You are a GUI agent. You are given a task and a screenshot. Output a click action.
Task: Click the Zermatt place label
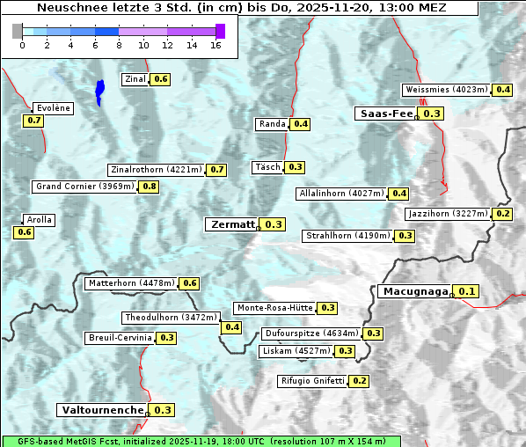point(231,224)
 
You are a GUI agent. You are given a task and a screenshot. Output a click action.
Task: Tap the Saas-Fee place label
point(386,114)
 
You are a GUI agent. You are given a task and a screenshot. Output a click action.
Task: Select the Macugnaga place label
point(414,291)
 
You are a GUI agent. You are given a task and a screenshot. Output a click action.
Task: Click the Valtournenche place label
point(101,410)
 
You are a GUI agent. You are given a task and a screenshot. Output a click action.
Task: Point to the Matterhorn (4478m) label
point(130,283)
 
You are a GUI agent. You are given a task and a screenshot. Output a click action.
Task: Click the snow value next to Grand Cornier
point(149,187)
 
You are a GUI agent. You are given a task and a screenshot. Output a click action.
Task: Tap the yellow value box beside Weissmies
point(503,90)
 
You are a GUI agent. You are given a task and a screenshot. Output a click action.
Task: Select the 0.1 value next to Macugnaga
point(467,291)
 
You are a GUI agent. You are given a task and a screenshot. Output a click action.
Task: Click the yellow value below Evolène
point(34,121)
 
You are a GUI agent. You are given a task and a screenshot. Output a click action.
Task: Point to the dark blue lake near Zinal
point(99,91)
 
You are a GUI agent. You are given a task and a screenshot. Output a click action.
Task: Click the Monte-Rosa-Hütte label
point(274,308)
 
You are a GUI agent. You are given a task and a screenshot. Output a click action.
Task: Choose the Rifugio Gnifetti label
point(312,381)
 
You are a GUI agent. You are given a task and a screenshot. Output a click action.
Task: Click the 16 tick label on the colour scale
point(216,45)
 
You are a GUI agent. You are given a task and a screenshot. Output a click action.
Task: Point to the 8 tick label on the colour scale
point(119,45)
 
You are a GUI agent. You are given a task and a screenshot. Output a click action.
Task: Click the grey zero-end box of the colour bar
point(18,31)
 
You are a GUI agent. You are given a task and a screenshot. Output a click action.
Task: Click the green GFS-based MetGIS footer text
point(201,441)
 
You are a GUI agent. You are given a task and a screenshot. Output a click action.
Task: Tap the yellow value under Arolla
point(24,232)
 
